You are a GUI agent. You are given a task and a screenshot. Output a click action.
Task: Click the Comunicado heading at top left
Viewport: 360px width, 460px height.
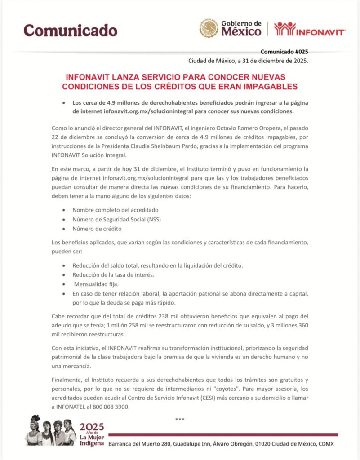(x=71, y=30)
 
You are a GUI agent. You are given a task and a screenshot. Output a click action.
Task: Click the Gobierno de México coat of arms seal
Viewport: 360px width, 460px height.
(x=209, y=28)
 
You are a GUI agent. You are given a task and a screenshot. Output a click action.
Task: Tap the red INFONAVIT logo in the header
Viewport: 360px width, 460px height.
(x=310, y=29)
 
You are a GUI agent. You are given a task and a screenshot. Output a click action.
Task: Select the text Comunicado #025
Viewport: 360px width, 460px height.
(x=284, y=52)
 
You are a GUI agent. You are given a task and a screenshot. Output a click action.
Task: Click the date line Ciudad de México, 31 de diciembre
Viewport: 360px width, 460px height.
(x=248, y=61)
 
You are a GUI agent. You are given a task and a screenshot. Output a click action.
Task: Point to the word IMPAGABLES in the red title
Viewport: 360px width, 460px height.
(x=268, y=86)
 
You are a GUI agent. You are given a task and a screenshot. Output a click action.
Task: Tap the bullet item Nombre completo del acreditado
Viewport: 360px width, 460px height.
(x=115, y=210)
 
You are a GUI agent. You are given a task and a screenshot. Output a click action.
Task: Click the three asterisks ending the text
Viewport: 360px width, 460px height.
(x=180, y=420)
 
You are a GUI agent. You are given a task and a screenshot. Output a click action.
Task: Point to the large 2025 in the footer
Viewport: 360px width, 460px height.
(x=92, y=426)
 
